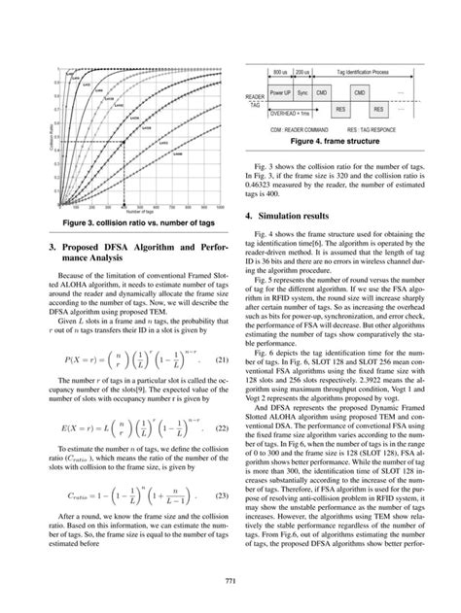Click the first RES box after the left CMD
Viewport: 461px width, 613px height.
tap(340, 110)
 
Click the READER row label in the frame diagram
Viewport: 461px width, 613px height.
tap(255, 98)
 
